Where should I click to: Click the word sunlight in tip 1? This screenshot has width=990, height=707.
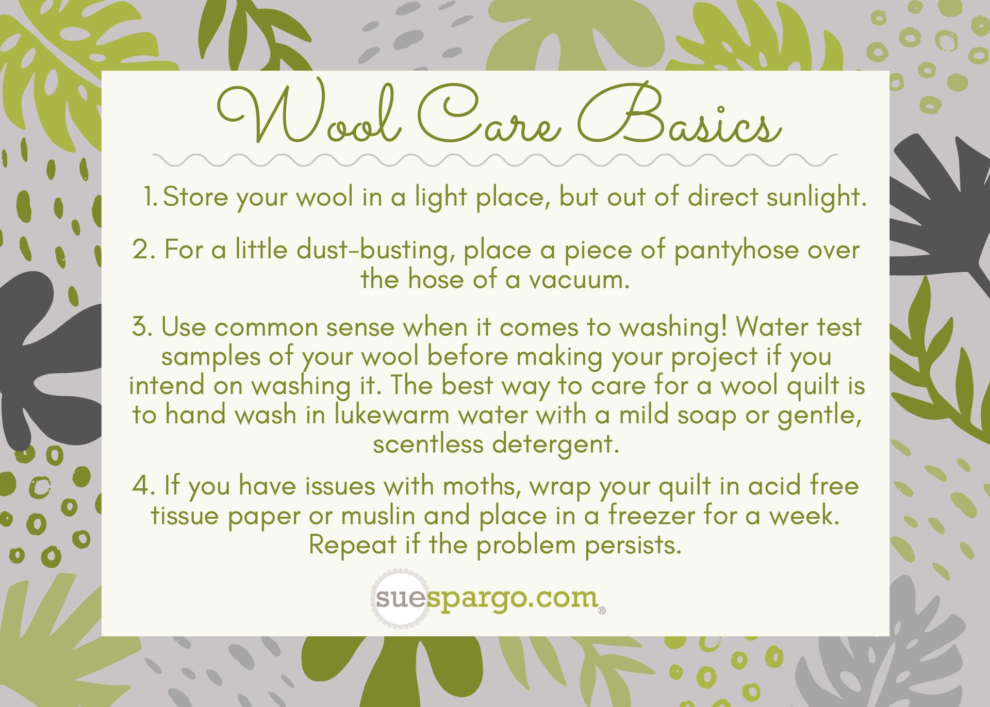816,198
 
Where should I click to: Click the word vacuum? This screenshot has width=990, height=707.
580,280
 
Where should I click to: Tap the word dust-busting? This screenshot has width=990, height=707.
376,251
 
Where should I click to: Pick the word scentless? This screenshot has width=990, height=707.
428,445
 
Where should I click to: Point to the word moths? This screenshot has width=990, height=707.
481,486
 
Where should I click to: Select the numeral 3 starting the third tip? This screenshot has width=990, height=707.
140,327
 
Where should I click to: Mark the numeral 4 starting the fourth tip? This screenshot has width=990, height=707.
141,486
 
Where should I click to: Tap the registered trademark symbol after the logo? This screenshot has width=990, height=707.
602,611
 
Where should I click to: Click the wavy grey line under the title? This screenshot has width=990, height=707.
495,160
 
